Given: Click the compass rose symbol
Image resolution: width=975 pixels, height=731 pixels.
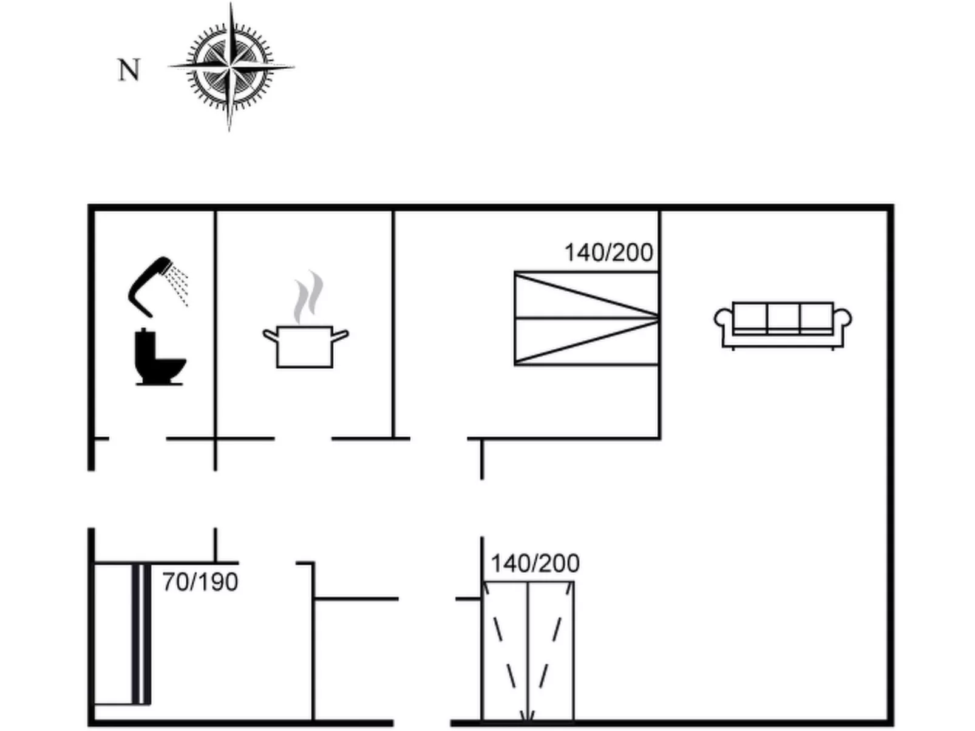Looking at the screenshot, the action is point(231,67).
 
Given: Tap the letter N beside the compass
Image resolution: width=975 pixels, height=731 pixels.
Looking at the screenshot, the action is point(129,70).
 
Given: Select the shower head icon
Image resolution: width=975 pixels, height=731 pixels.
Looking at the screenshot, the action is point(158,287).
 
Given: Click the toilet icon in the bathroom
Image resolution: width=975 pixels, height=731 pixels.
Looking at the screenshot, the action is point(160,357).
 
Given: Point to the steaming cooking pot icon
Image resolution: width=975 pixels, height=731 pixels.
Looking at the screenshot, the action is point(305,319).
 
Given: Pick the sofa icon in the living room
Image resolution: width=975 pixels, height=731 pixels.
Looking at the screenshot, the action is point(783,326).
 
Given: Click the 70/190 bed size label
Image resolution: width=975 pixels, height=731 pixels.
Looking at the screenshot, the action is point(200,582).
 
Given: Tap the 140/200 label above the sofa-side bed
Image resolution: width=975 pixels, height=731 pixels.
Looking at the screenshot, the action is point(608,252).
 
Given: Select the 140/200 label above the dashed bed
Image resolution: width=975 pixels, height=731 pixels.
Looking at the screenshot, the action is point(535,563).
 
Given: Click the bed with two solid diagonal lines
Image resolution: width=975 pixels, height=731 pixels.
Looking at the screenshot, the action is point(586,318).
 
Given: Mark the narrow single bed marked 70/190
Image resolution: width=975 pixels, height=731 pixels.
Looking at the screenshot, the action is point(122,633).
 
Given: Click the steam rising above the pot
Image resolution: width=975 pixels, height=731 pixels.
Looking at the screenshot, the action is point(308,297).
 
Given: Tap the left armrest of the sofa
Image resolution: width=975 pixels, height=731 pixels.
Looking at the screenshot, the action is point(723,318).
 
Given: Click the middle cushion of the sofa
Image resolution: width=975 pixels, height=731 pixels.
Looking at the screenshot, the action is point(783,316).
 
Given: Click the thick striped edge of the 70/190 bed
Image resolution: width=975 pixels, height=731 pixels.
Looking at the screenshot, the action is point(141,633).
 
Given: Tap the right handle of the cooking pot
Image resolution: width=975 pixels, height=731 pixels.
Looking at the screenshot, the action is point(340,335).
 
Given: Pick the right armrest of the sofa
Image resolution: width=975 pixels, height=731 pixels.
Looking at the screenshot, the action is point(843,318).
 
